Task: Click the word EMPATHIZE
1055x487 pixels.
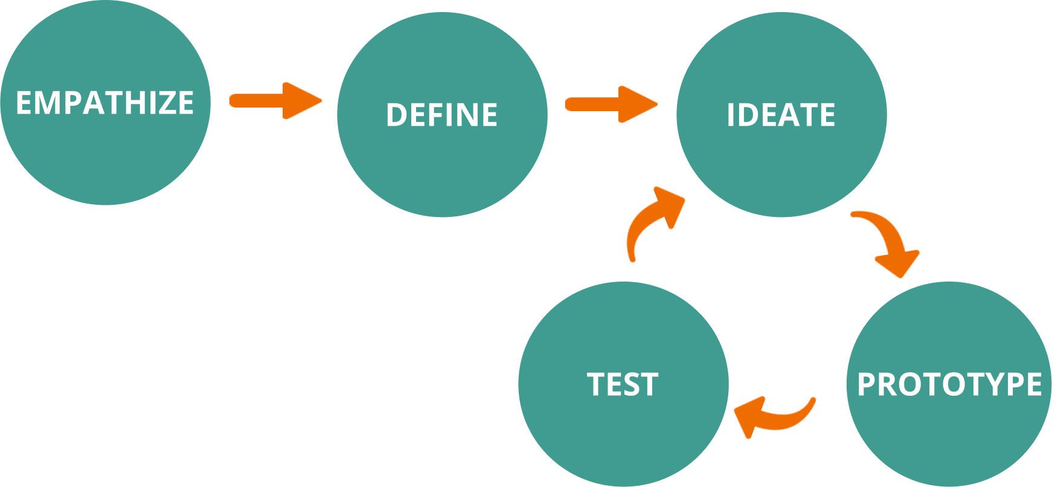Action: [104, 103]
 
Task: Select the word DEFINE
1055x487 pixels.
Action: [441, 115]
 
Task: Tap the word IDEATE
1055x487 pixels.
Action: [781, 115]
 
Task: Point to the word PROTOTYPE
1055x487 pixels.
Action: [949, 384]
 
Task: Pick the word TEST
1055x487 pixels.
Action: [623, 384]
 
